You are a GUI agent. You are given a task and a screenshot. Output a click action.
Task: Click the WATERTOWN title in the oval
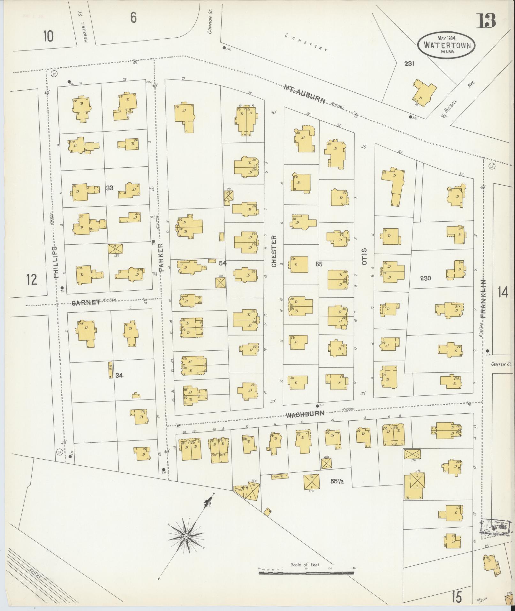click(x=447, y=45)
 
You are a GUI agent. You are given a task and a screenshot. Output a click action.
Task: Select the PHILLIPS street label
click(x=56, y=262)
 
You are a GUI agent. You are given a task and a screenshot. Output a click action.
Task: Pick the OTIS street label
click(x=364, y=256)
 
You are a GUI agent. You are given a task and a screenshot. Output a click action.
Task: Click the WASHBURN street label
click(x=305, y=415)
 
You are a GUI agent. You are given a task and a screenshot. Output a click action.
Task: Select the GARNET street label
click(x=86, y=303)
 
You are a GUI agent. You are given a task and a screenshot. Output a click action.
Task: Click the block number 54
click(x=223, y=263)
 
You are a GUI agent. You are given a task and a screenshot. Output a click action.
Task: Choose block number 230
click(x=425, y=278)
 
